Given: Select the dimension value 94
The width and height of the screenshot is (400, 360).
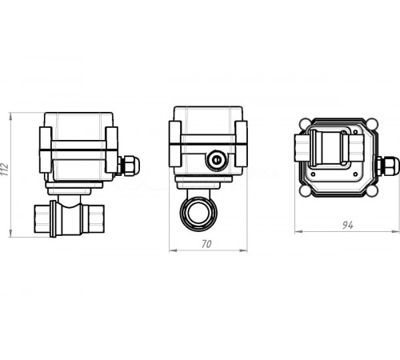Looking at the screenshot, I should pyautogui.click(x=346, y=226).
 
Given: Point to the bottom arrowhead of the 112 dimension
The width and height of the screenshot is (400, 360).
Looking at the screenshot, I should pyautogui.click(x=11, y=237).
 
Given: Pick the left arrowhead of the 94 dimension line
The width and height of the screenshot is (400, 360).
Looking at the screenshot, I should pyautogui.click(x=297, y=232).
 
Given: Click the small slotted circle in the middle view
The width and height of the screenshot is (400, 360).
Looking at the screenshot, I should pyautogui.click(x=215, y=161).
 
